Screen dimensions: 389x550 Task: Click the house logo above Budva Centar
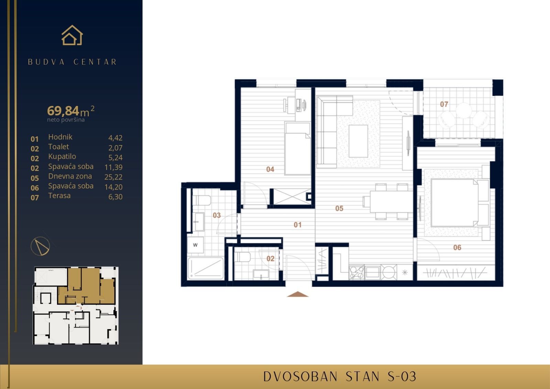pos(72,35)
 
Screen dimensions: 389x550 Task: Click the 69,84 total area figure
pos(63,111)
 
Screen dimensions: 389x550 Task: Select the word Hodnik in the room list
pos(60,137)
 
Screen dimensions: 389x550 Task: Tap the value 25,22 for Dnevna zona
pos(113,177)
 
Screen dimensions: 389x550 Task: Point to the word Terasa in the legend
pos(59,196)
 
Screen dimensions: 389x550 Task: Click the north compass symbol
pos(40,246)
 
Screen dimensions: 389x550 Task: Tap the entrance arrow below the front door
pos(298,294)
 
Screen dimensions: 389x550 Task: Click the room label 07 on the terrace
pos(444,104)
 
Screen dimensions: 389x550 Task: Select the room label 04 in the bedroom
pos(270,169)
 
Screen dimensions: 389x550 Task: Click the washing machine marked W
pos(195,245)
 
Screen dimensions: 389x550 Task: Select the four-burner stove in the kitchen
pos(356,272)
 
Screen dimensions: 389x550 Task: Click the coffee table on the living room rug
pos(358,141)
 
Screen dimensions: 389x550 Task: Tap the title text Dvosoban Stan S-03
pos(340,377)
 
